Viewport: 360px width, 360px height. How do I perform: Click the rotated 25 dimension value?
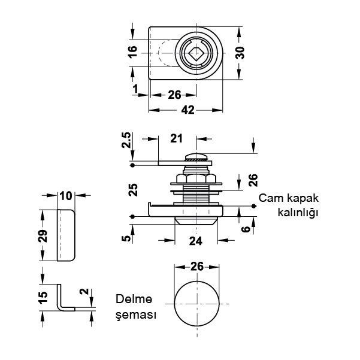(134, 190)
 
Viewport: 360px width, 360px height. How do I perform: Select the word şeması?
(136, 315)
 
